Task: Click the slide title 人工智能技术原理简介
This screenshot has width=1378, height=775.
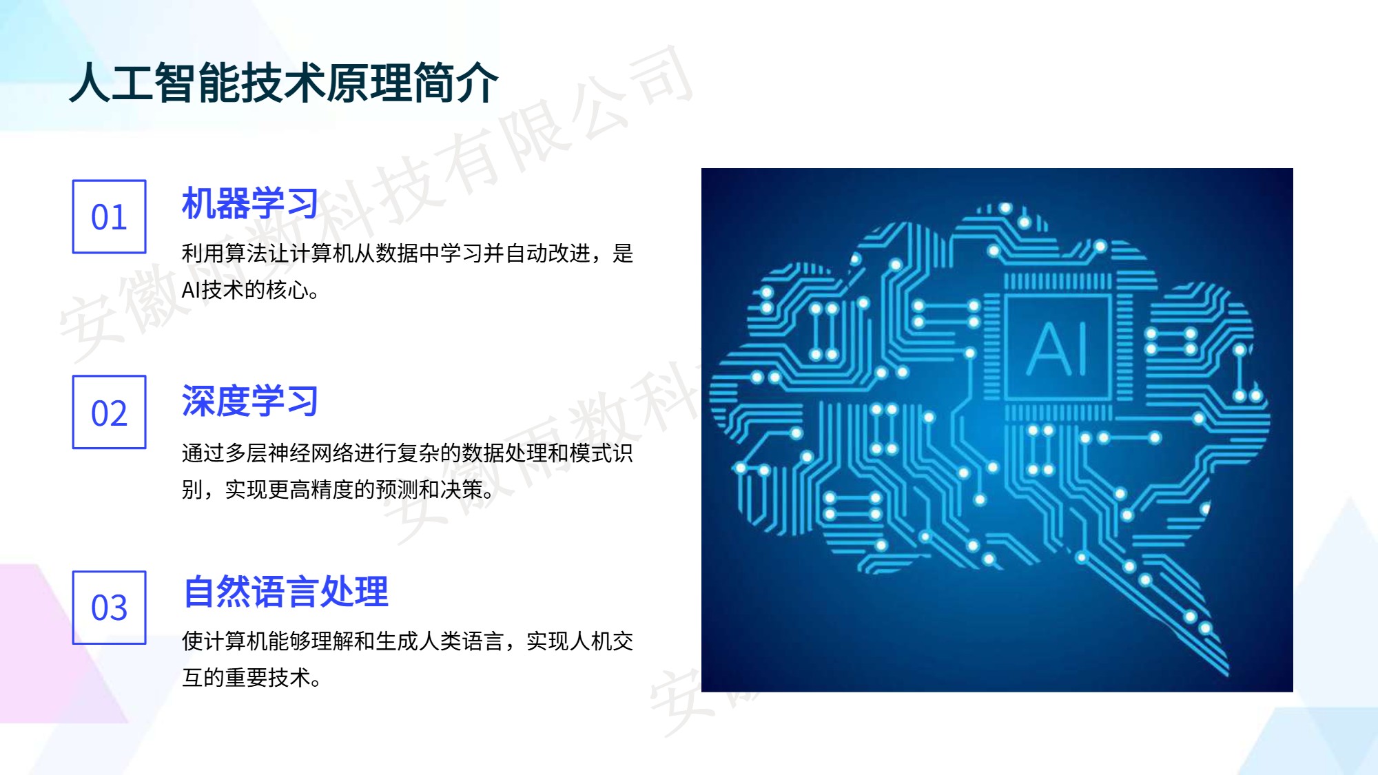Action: (x=284, y=83)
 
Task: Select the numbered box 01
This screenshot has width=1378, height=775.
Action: (x=110, y=216)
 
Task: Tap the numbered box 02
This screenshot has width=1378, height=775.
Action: (x=110, y=412)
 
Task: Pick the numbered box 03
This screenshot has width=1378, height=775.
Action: (x=110, y=608)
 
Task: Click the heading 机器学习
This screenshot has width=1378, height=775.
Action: (x=250, y=203)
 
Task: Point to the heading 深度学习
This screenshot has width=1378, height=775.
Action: (x=250, y=400)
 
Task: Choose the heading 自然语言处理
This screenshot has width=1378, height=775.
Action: (x=285, y=592)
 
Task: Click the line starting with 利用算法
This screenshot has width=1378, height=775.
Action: (x=407, y=254)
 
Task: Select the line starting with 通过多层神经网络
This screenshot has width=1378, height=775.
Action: (x=407, y=453)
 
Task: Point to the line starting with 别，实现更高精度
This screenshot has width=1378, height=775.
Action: (x=338, y=490)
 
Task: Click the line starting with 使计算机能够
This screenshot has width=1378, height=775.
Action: (x=407, y=641)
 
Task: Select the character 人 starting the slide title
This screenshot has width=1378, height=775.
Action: (x=90, y=83)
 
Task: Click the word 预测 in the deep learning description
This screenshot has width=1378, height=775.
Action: (x=397, y=490)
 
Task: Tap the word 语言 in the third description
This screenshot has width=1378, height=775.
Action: (x=483, y=641)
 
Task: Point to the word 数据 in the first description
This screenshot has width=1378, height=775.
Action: (x=397, y=254)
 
